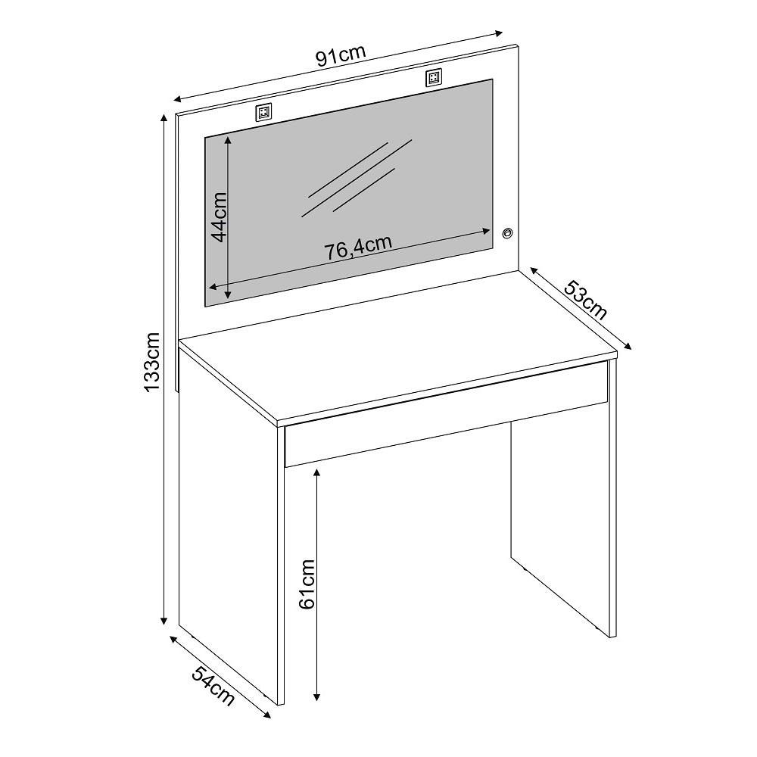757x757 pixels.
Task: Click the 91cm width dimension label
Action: (x=341, y=55)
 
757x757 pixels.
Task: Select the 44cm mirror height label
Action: (x=220, y=217)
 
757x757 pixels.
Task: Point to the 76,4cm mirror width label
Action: (x=357, y=247)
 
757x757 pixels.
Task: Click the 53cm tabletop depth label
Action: (x=585, y=300)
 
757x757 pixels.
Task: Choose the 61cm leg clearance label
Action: (x=307, y=584)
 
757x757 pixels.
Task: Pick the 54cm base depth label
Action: (x=213, y=686)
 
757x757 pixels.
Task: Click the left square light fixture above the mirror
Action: (x=263, y=113)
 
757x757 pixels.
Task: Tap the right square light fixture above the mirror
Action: (x=434, y=78)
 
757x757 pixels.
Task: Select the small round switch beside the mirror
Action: (x=507, y=234)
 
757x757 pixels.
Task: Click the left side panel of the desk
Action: (x=229, y=524)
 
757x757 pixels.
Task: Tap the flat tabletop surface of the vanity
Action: (x=397, y=346)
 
